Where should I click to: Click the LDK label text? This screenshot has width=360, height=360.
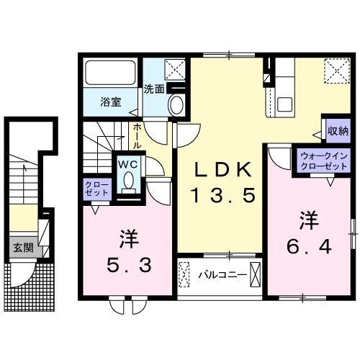click(223, 170)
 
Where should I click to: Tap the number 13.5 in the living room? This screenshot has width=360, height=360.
click(222, 195)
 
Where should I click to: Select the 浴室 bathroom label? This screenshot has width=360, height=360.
click(111, 102)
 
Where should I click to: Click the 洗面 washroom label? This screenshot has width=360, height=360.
click(154, 89)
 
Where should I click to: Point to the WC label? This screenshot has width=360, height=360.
click(127, 164)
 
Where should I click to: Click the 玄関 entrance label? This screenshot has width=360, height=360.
click(23, 248)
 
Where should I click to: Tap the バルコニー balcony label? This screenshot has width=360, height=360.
click(222, 275)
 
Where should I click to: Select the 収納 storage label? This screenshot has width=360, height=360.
click(338, 131)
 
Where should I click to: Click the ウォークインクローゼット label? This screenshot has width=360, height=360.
click(324, 161)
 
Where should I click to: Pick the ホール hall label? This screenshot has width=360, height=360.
click(136, 136)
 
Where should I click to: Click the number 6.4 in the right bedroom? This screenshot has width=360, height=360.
click(310, 247)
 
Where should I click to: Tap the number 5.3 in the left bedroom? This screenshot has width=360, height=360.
click(130, 266)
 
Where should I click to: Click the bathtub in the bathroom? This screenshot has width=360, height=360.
click(110, 73)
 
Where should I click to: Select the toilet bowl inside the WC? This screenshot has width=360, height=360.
click(129, 179)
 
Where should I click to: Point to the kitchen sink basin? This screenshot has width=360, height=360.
click(284, 104)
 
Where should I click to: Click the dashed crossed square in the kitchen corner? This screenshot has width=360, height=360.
click(337, 71)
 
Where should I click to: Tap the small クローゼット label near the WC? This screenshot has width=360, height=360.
click(97, 189)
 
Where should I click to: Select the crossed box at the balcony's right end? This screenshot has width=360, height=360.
click(255, 275)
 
